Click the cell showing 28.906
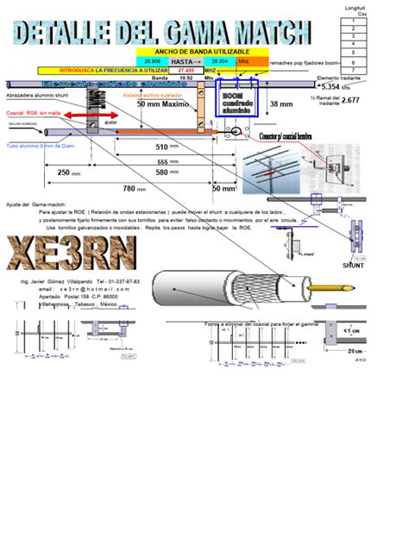pos(152,61)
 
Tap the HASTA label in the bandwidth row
pos(182,61)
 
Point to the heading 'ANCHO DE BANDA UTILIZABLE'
pos(189,53)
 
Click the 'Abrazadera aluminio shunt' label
pos(36,96)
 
